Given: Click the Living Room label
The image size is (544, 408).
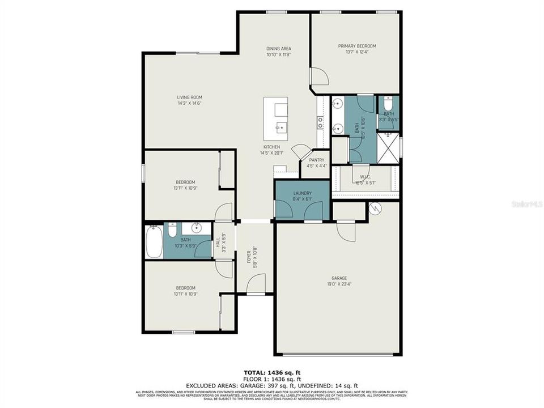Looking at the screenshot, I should [x=189, y=97].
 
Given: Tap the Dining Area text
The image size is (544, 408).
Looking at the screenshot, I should [x=278, y=49].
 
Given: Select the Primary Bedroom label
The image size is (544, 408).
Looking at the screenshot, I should [x=357, y=46].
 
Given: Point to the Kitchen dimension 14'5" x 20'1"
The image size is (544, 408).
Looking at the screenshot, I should [x=270, y=153].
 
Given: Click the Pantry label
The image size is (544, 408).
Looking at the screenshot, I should [x=316, y=160].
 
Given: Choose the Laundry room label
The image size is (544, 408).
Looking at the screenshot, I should [x=303, y=193].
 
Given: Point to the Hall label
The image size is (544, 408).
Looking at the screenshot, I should [x=218, y=241].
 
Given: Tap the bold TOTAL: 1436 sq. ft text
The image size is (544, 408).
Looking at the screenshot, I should [x=271, y=373].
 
